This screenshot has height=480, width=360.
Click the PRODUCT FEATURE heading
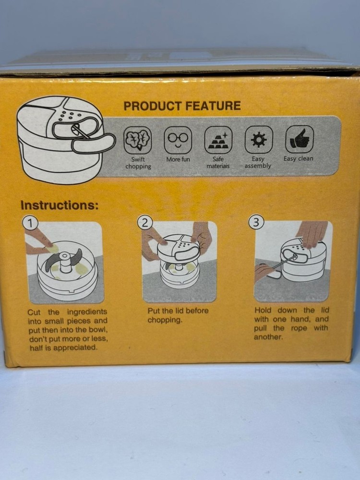[182, 106]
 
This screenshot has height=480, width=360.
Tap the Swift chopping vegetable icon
[138, 140]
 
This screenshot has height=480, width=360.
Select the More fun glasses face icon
[178, 140]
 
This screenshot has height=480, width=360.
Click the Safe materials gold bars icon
[218, 140]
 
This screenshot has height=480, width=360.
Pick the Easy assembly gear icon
[259, 140]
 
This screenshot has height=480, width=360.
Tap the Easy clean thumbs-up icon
[300, 139]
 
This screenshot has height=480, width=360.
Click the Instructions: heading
[60, 205]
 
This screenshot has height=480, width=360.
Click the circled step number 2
[145, 223]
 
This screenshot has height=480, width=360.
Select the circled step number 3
[256, 222]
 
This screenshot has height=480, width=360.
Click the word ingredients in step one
[87, 312]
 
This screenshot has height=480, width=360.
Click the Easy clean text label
[298, 158]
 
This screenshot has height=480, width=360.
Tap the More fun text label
[178, 159]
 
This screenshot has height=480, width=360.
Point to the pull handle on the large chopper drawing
[94, 144]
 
